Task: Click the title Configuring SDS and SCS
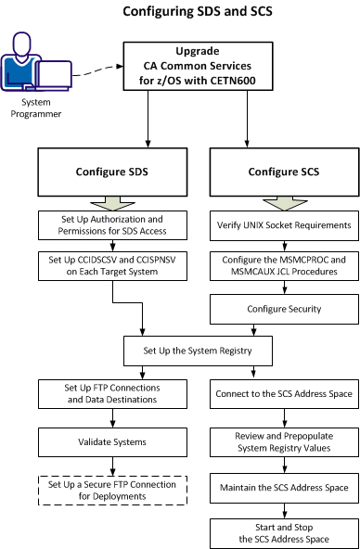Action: point(198,13)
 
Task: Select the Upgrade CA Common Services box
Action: point(197,67)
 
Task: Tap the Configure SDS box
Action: point(113,172)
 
